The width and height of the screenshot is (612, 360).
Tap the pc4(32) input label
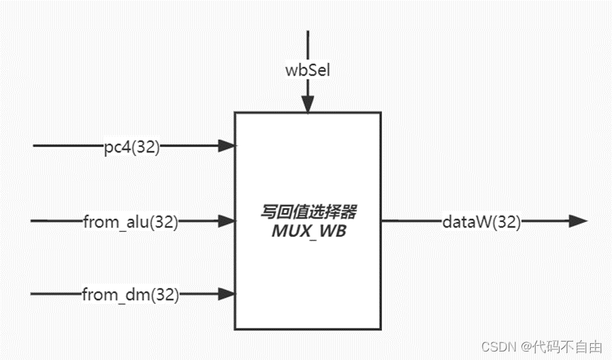pyautogui.click(x=131, y=147)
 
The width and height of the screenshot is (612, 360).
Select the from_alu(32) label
pyautogui.click(x=130, y=221)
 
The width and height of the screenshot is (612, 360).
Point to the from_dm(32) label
pyautogui.click(x=130, y=294)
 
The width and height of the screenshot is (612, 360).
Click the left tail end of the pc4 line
pyautogui.click(x=35, y=146)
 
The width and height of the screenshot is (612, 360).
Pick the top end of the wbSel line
pyautogui.click(x=307, y=32)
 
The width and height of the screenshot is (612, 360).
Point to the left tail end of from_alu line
pyautogui.click(x=32, y=221)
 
